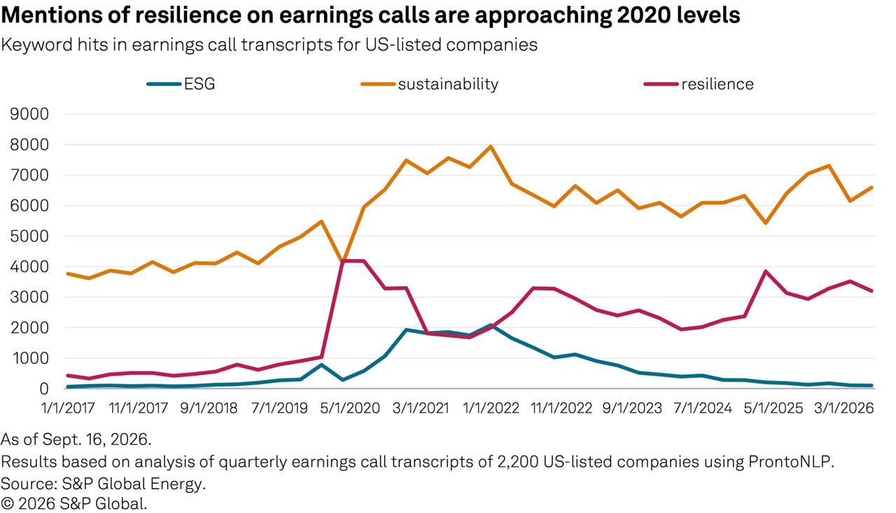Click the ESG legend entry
[x=181, y=84]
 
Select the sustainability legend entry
[x=430, y=84]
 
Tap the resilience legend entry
[x=699, y=84]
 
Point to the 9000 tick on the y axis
[x=29, y=114]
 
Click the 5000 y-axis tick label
[x=29, y=237]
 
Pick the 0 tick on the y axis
[x=43, y=388]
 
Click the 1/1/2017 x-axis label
[x=68, y=408]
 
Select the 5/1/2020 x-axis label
[x=350, y=408]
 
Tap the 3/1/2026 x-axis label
[x=844, y=408]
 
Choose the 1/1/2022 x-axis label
[x=491, y=408]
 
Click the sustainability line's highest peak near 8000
[x=491, y=146]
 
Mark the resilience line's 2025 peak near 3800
[x=765, y=272]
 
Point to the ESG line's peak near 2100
[x=491, y=325]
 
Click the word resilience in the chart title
[x=188, y=15]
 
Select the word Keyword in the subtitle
[x=37, y=45]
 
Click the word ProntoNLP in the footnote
[x=790, y=462]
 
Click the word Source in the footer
[x=29, y=484]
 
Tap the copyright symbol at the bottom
[x=7, y=504]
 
